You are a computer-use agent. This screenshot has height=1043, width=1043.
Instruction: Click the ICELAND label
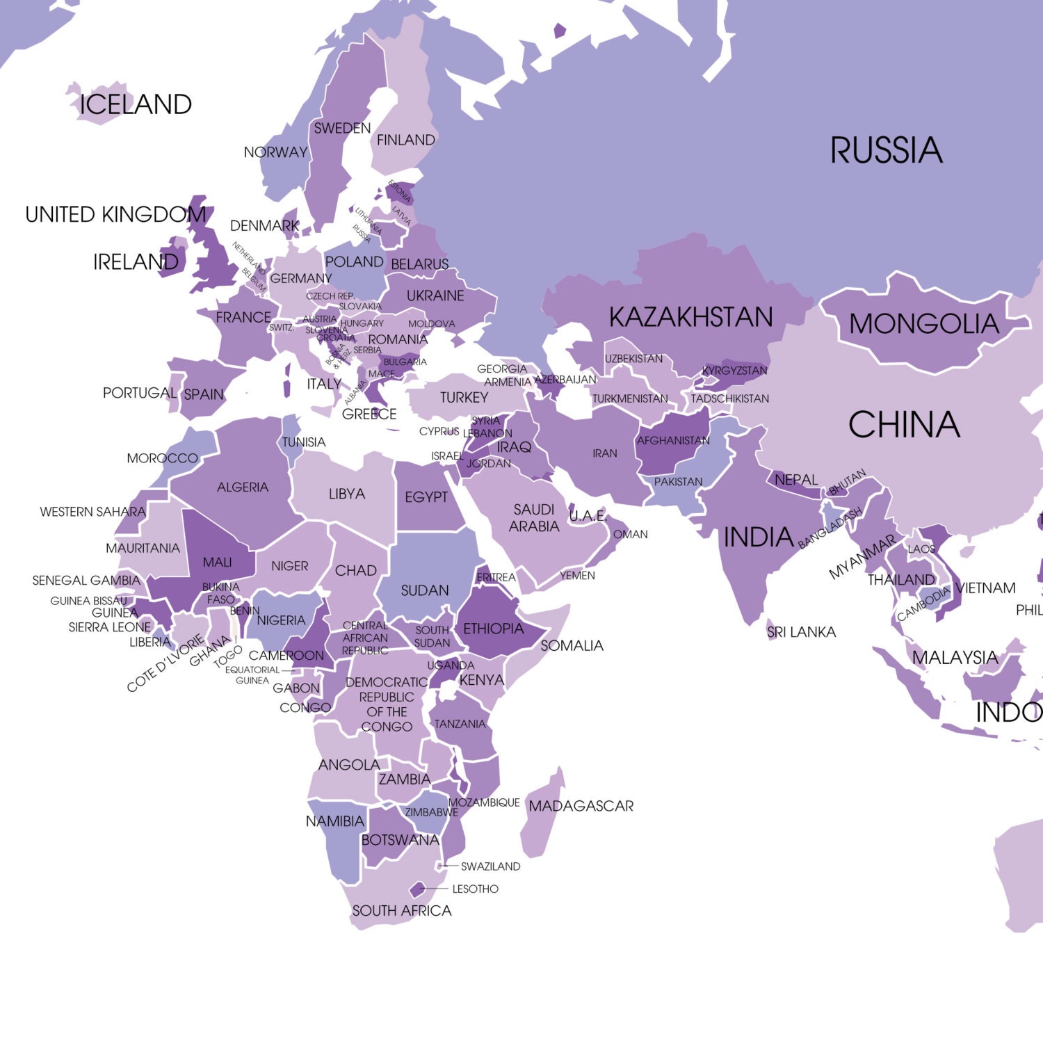136,105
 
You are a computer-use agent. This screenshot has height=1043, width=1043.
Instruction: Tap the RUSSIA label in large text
886,151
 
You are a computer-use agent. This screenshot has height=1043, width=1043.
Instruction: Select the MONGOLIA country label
923,324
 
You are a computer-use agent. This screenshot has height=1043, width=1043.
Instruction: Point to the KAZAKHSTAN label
690,317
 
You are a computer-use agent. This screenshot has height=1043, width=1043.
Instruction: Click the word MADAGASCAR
581,807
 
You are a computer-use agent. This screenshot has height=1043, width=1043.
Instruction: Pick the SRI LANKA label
801,632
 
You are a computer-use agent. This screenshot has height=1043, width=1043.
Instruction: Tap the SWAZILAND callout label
490,866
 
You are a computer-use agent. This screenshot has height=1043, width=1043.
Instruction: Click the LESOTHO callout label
475,889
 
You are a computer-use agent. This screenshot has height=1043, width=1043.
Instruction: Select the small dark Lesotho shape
417,889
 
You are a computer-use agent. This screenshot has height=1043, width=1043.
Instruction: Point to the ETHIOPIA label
493,629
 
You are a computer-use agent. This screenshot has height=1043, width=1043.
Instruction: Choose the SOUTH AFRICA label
401,911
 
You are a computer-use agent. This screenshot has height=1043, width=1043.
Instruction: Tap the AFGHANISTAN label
673,441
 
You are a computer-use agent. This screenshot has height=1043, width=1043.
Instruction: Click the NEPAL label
796,480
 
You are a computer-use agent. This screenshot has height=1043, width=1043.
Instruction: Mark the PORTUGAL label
139,393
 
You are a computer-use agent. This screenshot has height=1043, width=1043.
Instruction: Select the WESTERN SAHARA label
92,512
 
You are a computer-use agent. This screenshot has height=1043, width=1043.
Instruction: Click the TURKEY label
464,398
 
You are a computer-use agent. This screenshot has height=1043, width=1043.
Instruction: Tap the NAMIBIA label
334,821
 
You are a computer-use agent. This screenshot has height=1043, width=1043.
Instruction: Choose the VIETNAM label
985,588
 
